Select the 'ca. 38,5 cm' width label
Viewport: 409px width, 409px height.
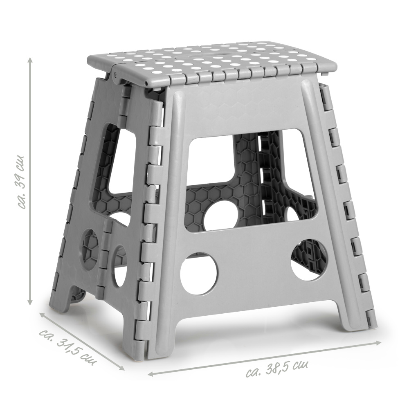276,368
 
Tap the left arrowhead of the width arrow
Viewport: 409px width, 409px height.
151,374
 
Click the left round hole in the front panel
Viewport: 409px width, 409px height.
199,271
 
